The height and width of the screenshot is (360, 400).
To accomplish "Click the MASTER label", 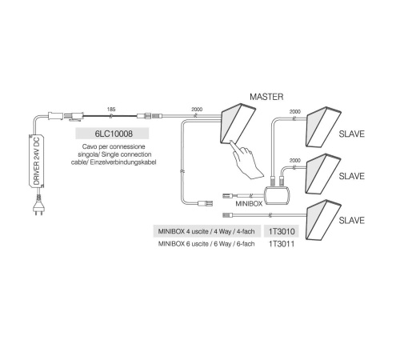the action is (266, 97).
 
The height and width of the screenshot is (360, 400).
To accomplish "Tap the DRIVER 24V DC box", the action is (36, 161).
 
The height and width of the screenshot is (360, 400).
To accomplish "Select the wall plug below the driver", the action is (39, 206).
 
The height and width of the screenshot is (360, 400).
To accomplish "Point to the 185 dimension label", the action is (111, 110).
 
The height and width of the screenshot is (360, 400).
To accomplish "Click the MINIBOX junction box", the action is (277, 195).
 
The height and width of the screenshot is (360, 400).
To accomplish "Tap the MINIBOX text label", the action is (249, 204).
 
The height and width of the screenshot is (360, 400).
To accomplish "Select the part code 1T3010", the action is (282, 231).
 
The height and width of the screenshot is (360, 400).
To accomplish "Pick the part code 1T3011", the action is (282, 244).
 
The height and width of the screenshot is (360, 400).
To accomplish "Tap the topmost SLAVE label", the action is (351, 134).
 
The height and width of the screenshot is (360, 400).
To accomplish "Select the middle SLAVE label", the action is (351, 176).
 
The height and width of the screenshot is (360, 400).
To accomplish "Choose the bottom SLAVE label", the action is (351, 220).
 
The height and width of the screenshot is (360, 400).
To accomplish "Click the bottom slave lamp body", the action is (323, 220).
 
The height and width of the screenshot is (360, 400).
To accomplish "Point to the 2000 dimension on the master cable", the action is (197, 110).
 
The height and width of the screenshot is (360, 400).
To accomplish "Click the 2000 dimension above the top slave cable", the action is (295, 111).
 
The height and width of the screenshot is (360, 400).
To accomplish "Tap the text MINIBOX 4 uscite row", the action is (206, 231).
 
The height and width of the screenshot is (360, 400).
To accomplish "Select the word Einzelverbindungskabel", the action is (123, 162).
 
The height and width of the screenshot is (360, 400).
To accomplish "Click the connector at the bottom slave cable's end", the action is (228, 214).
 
